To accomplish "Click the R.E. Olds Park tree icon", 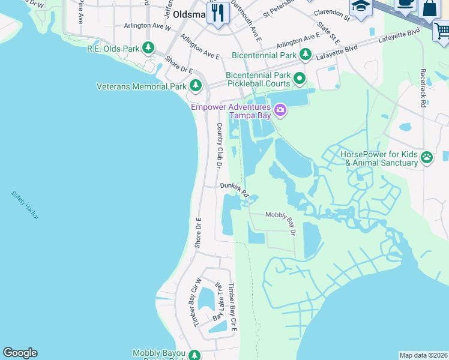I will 148,48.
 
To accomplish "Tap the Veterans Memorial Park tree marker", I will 195,86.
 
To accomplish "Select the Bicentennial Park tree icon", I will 306,55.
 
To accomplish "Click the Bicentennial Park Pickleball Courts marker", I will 299,78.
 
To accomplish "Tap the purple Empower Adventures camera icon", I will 279,110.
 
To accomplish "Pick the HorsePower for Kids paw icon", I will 426,158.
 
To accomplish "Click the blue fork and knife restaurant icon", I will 217,13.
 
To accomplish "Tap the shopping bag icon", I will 430,8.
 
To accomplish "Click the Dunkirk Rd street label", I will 234,190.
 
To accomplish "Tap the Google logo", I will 20,353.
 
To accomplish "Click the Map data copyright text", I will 423,355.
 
